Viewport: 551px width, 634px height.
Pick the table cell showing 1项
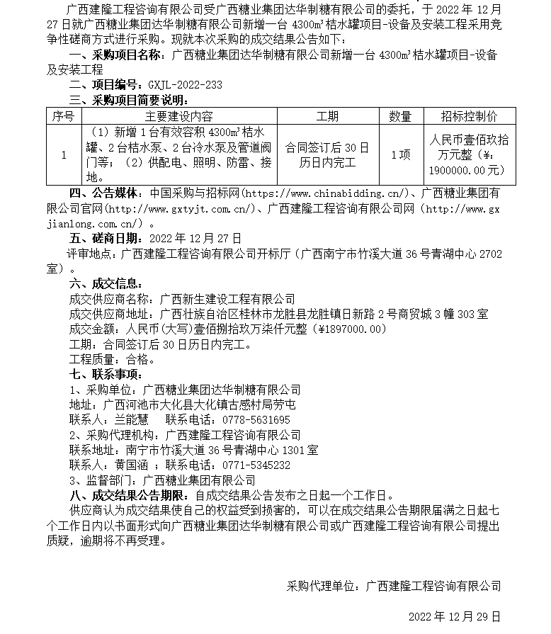pos(400,155)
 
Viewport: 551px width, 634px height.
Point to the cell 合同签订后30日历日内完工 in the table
pos(326,155)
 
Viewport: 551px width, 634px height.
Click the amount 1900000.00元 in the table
pos(467,171)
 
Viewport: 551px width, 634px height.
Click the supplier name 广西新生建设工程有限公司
pos(227,299)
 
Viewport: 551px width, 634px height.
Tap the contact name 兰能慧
pos(131,419)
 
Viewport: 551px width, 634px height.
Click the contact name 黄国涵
pos(131,465)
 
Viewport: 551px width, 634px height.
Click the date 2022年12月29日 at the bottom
pos(455,616)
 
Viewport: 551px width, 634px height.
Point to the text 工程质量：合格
pos(113,359)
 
